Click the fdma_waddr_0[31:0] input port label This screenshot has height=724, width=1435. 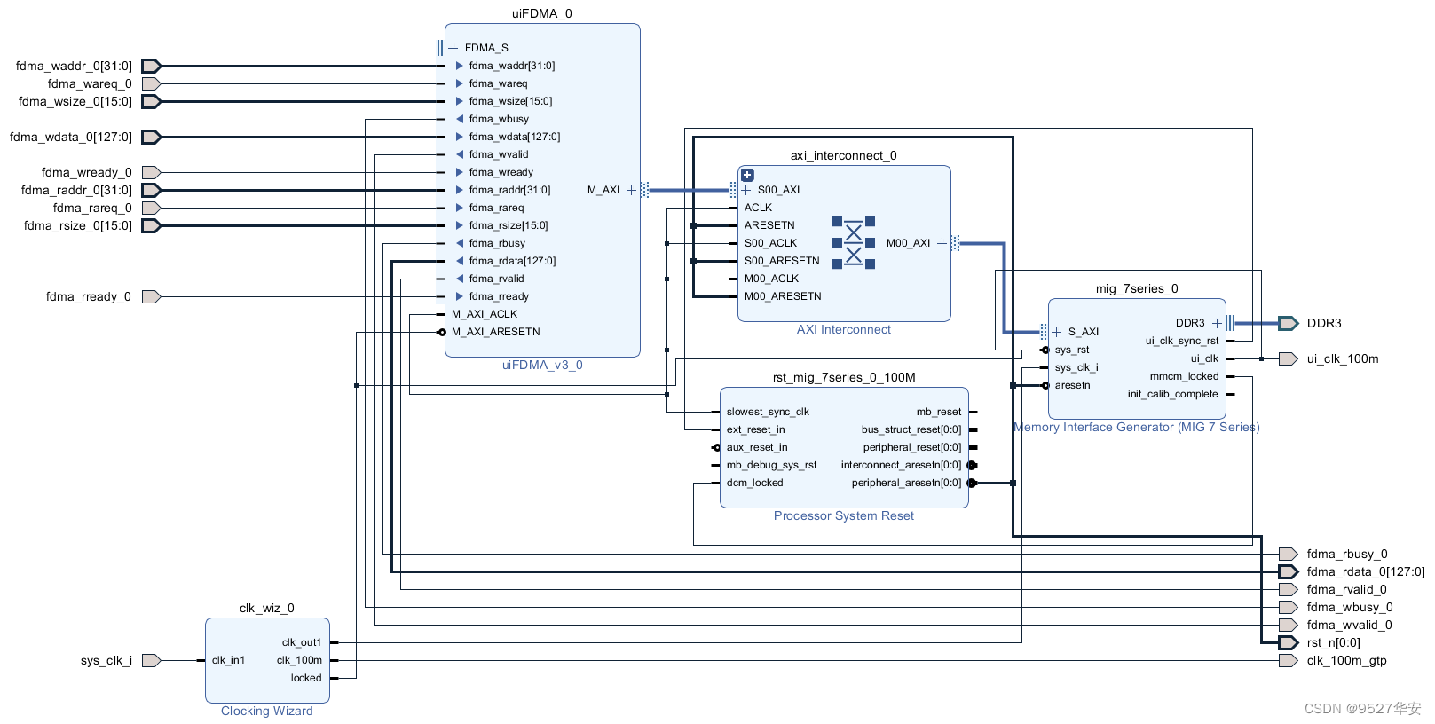coord(74,66)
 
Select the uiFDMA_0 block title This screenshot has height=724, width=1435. coord(541,13)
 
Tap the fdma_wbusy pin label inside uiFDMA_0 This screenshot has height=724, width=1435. coord(499,119)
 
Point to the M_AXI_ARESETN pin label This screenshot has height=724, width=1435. coord(495,332)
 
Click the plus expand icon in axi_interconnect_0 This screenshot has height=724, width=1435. coord(747,175)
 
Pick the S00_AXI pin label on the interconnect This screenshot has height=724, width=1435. coord(778,190)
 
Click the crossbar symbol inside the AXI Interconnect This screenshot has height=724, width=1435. coord(853,243)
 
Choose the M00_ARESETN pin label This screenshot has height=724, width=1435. coord(783,296)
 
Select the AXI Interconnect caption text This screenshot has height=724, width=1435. coord(843,329)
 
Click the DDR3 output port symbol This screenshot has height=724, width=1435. coord(1288,323)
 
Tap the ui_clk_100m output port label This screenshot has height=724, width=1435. coord(1342,358)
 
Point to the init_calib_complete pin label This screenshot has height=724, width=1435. coord(1172,394)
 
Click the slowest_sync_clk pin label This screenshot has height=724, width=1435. coord(768,412)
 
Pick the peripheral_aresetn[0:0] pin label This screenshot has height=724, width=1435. coord(906,483)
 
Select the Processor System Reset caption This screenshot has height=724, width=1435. coord(843,515)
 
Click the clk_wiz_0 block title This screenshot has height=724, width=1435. coord(266,608)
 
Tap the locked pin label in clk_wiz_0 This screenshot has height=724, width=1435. coord(306,678)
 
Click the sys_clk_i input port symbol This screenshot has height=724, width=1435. coord(151,660)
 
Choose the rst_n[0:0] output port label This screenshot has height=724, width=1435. coord(1333,642)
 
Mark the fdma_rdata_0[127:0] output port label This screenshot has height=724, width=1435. coord(1365,571)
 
